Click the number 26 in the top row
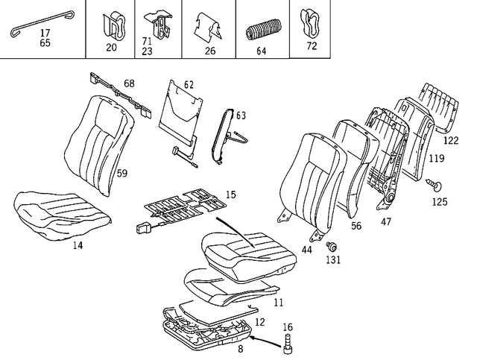click(x=209, y=51)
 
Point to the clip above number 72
click(x=309, y=25)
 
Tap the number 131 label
click(x=332, y=260)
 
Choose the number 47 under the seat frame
click(x=386, y=221)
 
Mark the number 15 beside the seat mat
click(x=230, y=195)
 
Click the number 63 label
click(x=240, y=115)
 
